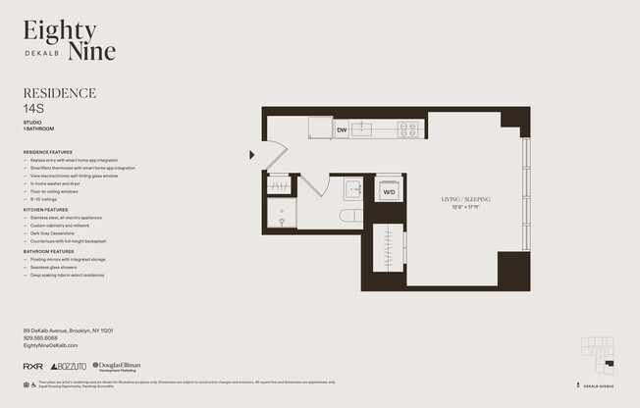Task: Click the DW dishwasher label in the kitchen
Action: coord(343,129)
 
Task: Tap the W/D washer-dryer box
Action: coord(389,190)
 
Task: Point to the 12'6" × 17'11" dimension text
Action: coord(470,207)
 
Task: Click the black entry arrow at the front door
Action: coord(252,154)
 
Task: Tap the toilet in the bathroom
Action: coord(349,216)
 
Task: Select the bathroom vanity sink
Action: coord(352,188)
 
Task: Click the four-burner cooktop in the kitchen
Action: coord(407,128)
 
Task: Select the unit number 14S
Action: coord(35,110)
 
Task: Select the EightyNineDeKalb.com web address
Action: coord(50,345)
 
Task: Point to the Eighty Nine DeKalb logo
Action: coord(69,41)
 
